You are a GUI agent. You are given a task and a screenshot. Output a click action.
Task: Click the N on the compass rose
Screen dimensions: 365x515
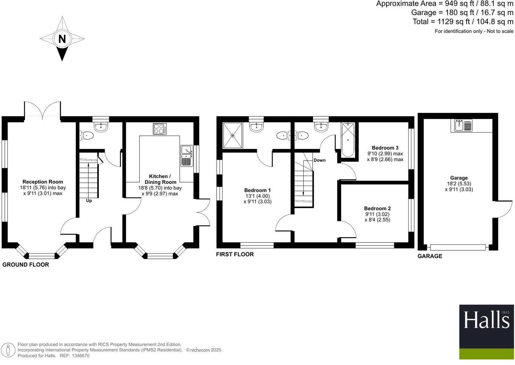[x=62, y=39]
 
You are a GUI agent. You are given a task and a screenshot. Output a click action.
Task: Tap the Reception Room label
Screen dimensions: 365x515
[x=43, y=182]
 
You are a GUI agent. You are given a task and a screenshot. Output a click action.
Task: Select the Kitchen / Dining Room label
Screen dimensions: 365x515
[x=160, y=179]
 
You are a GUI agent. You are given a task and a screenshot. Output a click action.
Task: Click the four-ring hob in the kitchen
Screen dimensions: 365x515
[x=160, y=129]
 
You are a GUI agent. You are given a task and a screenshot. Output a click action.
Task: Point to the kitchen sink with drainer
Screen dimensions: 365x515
[x=187, y=156]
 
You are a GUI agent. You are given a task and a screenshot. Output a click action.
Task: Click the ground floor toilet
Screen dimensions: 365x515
[x=87, y=135]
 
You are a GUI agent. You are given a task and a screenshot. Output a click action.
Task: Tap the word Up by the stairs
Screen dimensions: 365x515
[x=89, y=201]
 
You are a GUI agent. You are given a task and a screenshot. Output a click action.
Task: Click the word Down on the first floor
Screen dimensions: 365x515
[x=320, y=160]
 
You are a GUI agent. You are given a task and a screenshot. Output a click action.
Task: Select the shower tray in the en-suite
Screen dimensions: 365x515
[x=232, y=135]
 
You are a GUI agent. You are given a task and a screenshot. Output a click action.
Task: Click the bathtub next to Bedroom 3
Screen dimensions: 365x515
[x=348, y=140]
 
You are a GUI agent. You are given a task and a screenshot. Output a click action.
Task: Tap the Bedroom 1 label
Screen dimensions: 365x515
[x=257, y=190]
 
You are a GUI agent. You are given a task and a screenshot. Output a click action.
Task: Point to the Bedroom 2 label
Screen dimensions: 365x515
[x=377, y=209]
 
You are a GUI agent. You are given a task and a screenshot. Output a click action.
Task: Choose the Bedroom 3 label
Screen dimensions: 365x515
[x=385, y=148]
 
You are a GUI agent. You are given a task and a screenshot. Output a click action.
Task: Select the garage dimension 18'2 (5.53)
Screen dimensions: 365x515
[x=459, y=184]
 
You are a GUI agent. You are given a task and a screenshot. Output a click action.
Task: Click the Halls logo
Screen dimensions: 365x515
[x=486, y=332]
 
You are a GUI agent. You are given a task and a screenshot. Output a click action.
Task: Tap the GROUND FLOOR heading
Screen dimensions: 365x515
[x=26, y=265]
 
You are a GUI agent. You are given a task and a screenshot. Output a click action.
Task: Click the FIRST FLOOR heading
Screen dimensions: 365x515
[x=235, y=255]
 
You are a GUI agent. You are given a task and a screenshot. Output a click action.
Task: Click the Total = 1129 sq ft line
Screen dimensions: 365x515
[x=463, y=22]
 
